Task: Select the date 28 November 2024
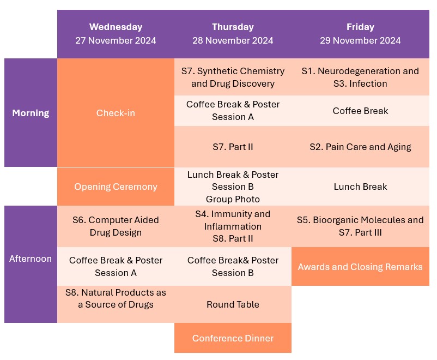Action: pos(233,40)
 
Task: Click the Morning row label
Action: pos(31,113)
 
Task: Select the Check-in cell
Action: pos(116,113)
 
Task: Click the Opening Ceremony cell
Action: pos(116,187)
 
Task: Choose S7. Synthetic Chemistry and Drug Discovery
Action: pos(233,77)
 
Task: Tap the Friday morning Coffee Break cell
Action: pos(360,111)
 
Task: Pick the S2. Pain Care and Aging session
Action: pos(360,147)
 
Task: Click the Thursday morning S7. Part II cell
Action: pos(233,147)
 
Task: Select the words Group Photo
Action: pos(233,199)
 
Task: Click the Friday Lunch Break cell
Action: pos(360,187)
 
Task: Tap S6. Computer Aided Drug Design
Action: pos(116,226)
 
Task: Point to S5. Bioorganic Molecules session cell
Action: pos(360,226)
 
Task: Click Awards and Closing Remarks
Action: pos(360,267)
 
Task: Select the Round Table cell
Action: pos(233,304)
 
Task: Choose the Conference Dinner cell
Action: pos(233,338)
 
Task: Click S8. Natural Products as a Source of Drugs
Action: pos(116,304)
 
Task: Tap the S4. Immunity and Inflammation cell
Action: pos(233,226)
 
